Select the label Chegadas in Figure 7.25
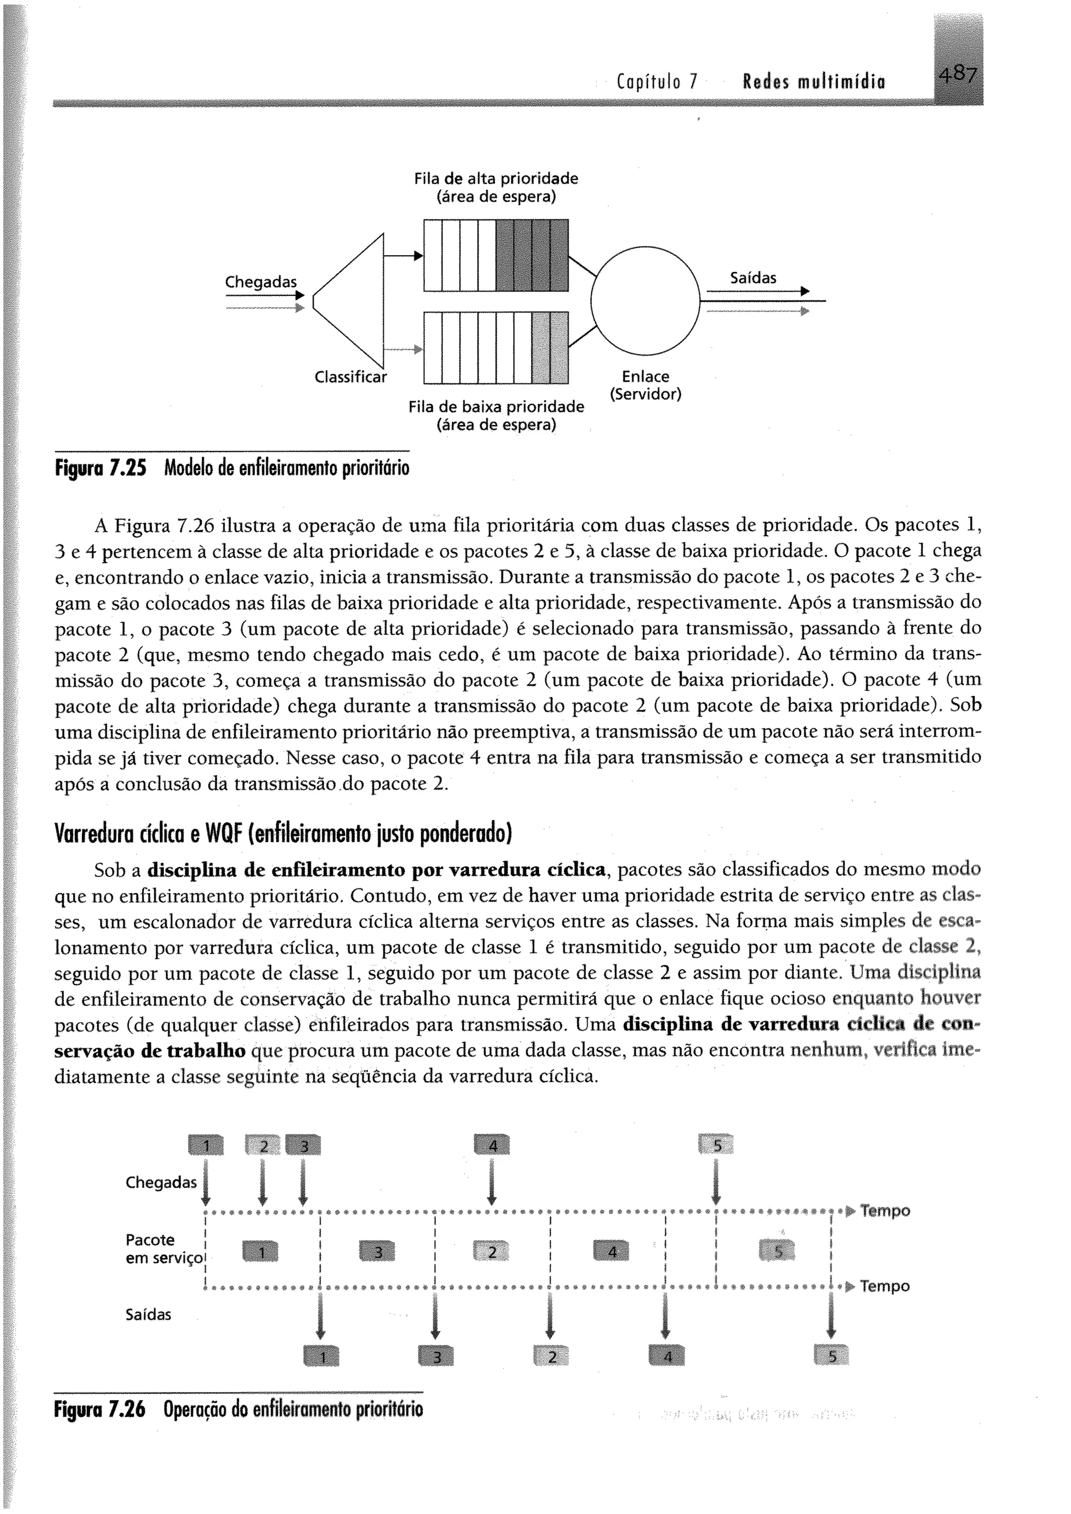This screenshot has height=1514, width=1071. (260, 282)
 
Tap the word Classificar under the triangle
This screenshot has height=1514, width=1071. (350, 377)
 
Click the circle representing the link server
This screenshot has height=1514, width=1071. (644, 301)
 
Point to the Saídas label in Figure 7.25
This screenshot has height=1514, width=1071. (753, 278)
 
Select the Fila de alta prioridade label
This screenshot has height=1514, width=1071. (496, 187)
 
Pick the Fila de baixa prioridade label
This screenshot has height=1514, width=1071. (496, 416)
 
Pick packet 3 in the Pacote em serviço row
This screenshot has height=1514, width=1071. (377, 1251)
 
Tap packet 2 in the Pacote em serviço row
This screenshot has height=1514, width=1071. (492, 1251)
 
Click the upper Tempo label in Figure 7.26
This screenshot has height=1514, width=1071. (885, 1211)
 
